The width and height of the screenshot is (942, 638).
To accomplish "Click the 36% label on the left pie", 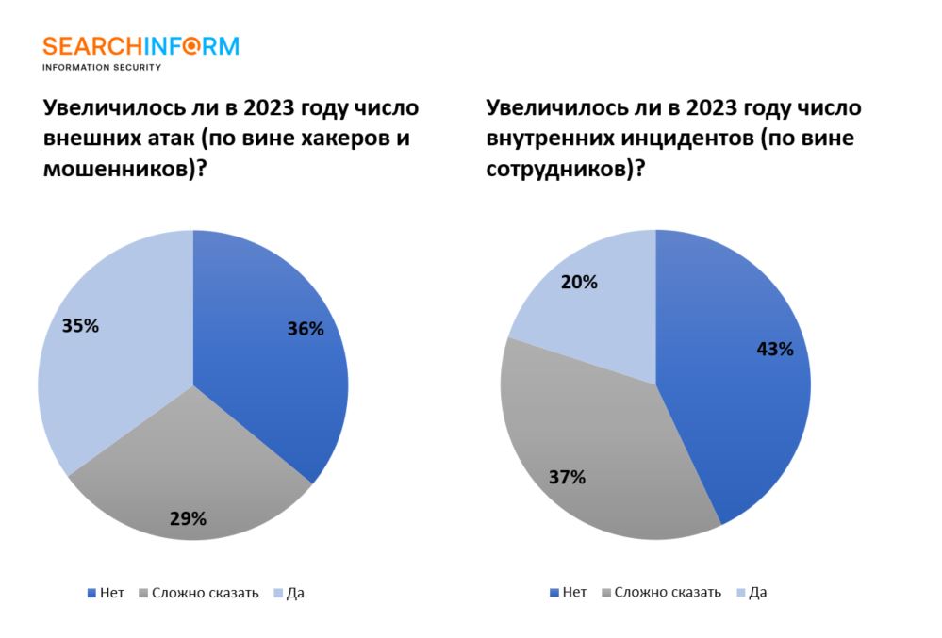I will pyautogui.click(x=306, y=329).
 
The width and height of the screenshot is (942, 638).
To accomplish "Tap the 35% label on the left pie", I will pyautogui.click(x=80, y=326).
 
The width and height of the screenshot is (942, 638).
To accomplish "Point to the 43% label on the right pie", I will pyautogui.click(x=775, y=349).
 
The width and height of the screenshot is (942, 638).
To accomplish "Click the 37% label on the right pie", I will pyautogui.click(x=567, y=477).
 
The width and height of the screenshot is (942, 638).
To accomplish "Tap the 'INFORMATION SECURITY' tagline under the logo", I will pyautogui.click(x=102, y=67).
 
